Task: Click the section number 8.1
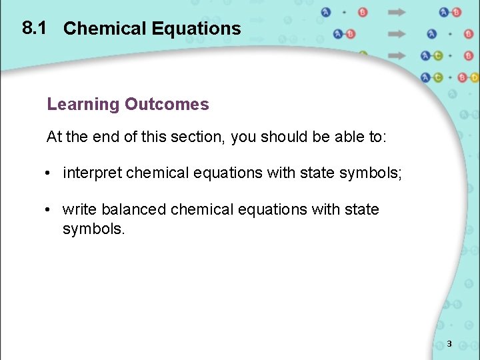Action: pos(33,27)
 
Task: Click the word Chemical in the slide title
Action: pos(104,29)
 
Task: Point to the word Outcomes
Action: pos(167,105)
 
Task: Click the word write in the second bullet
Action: pos(79,209)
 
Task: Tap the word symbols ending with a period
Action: pos(93,229)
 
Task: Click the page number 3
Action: pos(449,344)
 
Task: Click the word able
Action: pos(344,137)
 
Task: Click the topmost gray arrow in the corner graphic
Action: pos(397,12)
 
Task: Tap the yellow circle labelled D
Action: pos(474,77)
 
